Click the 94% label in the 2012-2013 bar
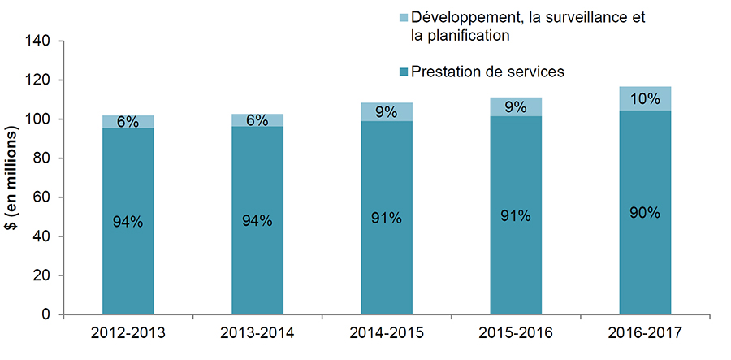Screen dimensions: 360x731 128,220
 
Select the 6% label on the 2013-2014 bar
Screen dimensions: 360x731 257,120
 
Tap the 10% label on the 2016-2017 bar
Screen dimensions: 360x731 645,98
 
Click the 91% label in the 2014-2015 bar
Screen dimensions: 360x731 386,218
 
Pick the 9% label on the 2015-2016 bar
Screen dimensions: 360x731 516,106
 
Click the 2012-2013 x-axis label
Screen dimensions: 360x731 128,333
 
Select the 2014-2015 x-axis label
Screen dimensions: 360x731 386,333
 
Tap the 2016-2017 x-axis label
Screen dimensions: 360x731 645,333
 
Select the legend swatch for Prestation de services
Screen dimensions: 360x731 403,73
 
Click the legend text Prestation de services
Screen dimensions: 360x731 487,72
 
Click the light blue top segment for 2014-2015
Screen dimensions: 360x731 386,111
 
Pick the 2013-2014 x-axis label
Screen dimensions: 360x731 257,333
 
